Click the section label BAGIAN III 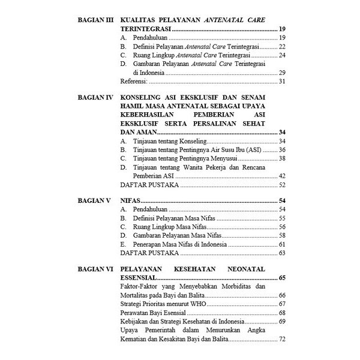click(96, 20)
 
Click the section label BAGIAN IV click(96, 97)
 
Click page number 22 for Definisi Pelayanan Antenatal click(281, 46)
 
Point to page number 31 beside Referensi click(281, 81)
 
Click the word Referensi click(134, 81)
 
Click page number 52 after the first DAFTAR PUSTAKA click(281, 185)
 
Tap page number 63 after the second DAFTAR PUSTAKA click(281, 253)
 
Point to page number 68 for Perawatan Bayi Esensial click(281, 313)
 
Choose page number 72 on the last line click(281, 340)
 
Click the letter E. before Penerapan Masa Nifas click(123, 245)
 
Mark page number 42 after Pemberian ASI click(281, 176)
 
